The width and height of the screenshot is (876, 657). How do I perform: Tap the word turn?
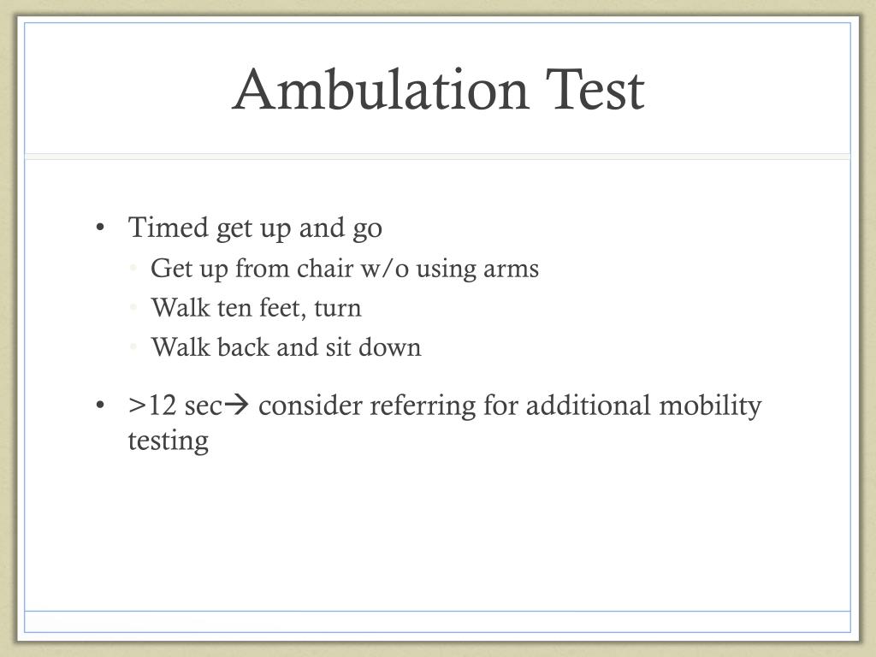[x=338, y=308]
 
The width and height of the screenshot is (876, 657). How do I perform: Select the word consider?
[x=311, y=405]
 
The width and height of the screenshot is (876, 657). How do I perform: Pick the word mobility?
[x=710, y=405]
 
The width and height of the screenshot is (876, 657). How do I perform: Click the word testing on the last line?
[x=169, y=441]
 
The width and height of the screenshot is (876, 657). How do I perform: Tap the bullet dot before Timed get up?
[x=101, y=228]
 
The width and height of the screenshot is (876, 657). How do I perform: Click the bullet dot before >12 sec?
[x=101, y=406]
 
